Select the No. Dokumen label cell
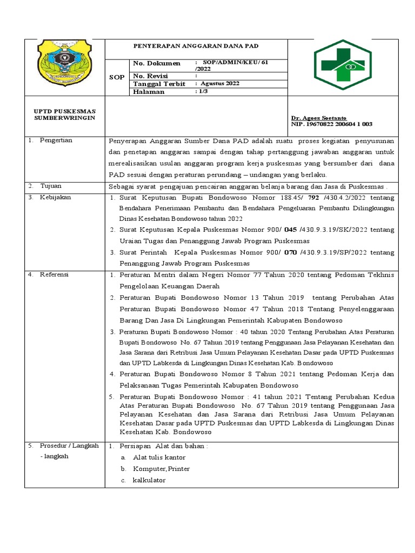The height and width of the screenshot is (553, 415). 157,64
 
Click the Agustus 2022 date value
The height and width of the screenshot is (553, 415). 220,84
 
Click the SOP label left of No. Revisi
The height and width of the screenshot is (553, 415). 117,77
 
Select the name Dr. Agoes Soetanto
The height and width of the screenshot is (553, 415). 319,118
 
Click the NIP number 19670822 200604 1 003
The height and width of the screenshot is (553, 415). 332,124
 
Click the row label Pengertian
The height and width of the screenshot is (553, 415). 56,140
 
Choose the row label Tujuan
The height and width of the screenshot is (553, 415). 51,186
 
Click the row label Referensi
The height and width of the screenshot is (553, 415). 55,274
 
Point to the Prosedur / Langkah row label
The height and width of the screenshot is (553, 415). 68,446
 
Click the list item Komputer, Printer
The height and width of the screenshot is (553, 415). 161,469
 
